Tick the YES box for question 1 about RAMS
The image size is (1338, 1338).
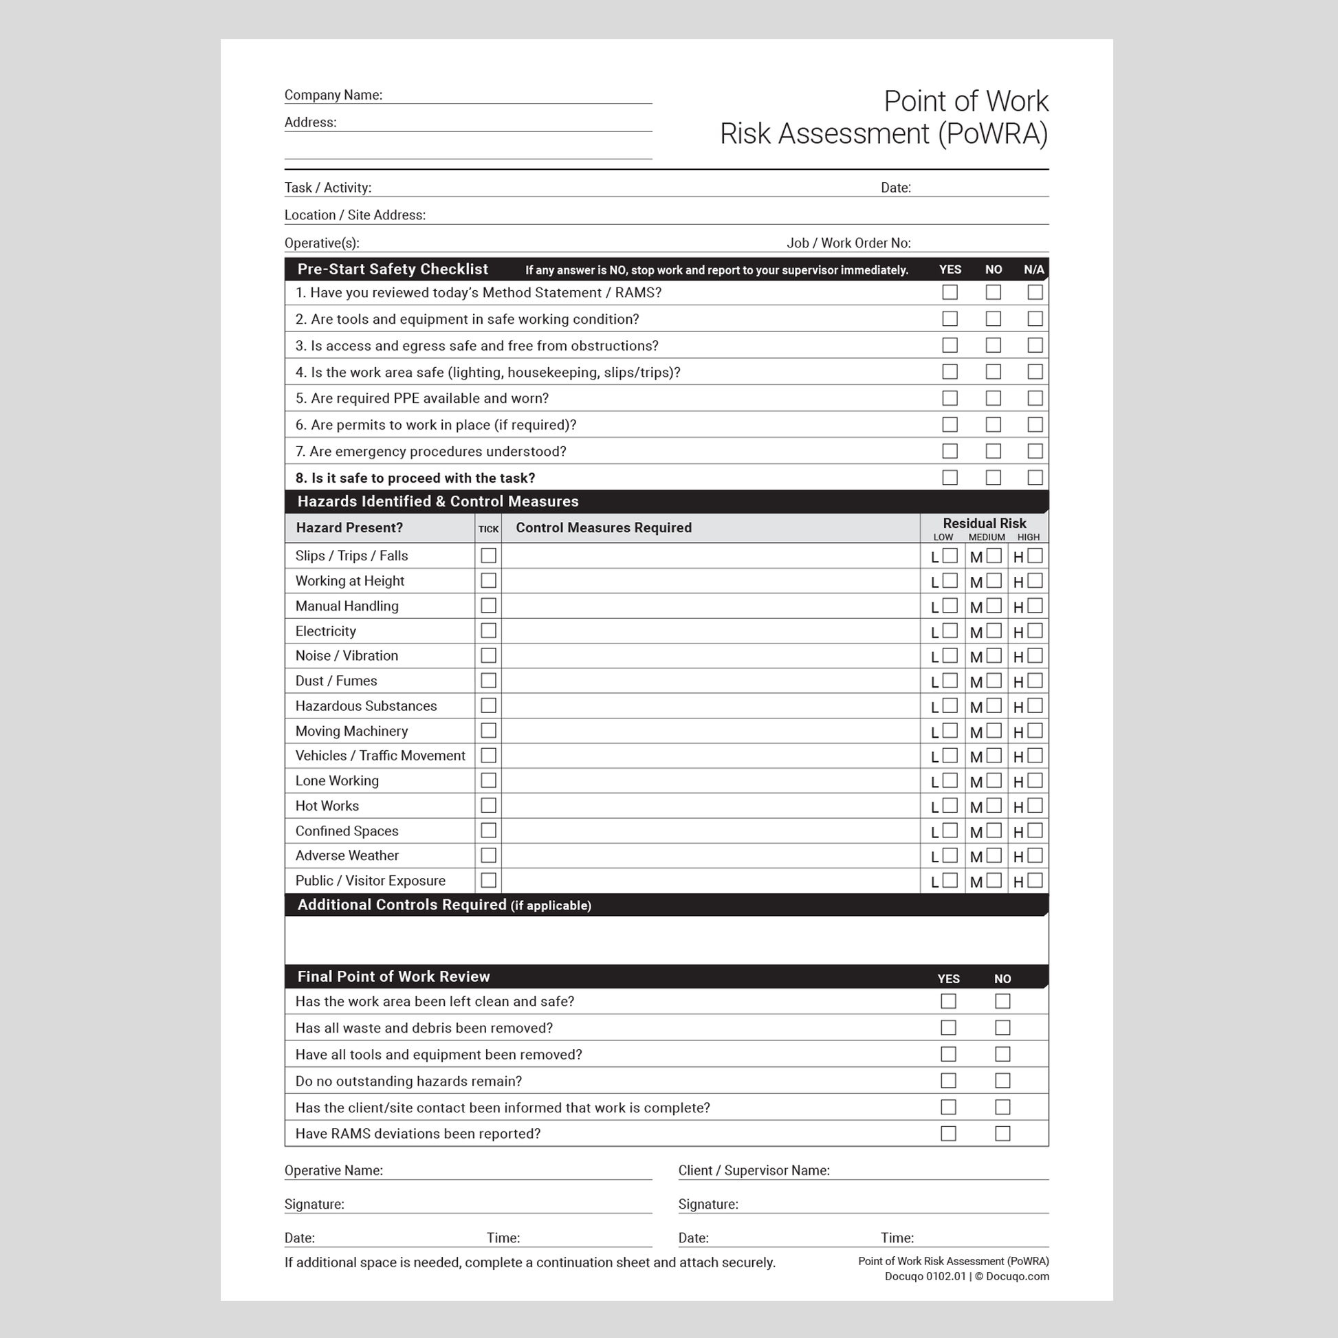pos(950,292)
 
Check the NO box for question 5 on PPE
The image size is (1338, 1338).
pos(993,398)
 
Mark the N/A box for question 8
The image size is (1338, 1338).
pos(1035,477)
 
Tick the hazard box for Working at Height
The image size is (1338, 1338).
pos(488,580)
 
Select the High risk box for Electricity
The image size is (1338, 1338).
pos(1035,631)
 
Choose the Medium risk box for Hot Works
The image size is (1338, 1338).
pos(994,805)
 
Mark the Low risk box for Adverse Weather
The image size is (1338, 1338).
pos(950,855)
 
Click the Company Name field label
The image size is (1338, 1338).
pos(333,95)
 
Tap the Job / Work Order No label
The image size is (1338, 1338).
pos(848,243)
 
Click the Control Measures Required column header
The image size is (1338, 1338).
pos(603,528)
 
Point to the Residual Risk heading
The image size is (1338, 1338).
pos(984,523)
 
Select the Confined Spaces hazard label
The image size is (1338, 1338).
pos(347,831)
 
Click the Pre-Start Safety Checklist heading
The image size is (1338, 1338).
pos(393,270)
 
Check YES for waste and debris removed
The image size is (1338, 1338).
pos(948,1028)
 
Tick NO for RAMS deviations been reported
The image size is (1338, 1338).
pos(1002,1134)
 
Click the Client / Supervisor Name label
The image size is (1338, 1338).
pos(754,1170)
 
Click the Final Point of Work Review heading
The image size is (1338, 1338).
pos(393,976)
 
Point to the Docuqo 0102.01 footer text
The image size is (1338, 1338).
pos(925,1276)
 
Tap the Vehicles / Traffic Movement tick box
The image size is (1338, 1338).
pos(488,756)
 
